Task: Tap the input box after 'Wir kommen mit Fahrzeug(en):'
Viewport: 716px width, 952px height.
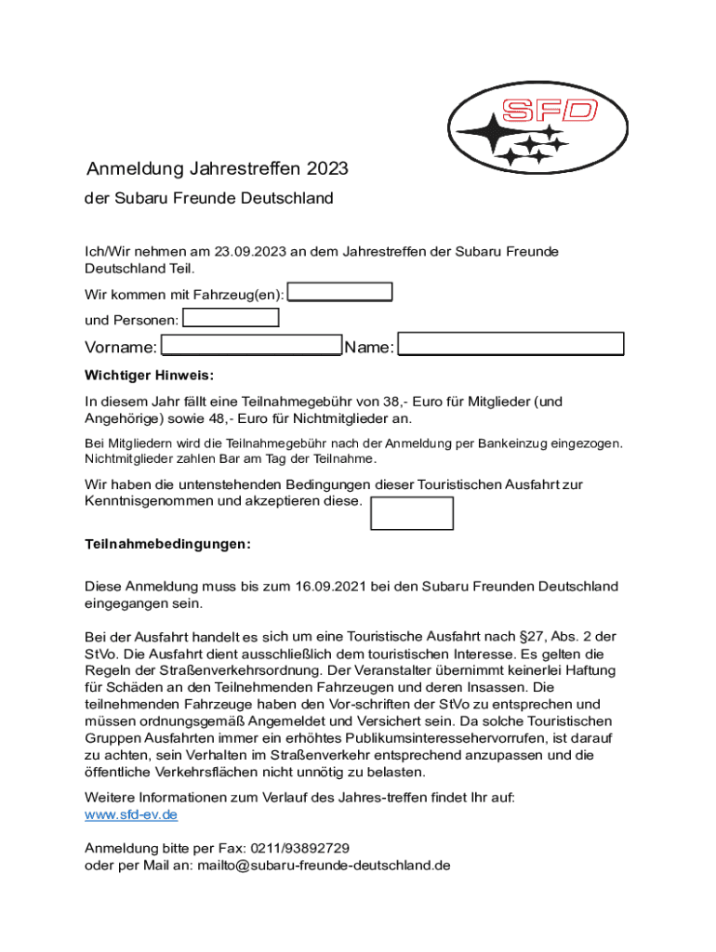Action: click(340, 292)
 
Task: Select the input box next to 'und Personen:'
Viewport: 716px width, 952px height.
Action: click(231, 318)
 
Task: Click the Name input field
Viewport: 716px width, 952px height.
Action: click(510, 344)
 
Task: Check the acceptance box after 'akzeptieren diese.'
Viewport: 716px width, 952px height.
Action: click(412, 513)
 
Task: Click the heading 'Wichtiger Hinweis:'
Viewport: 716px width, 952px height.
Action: click(149, 376)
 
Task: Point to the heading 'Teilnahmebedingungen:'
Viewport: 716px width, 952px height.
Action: click(167, 544)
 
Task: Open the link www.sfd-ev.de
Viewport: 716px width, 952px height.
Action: click(131, 814)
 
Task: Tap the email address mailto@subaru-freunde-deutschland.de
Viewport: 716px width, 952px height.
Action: click(323, 865)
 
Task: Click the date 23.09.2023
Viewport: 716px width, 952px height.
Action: click(249, 251)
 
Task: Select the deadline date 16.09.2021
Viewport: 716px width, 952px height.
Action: click(331, 587)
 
